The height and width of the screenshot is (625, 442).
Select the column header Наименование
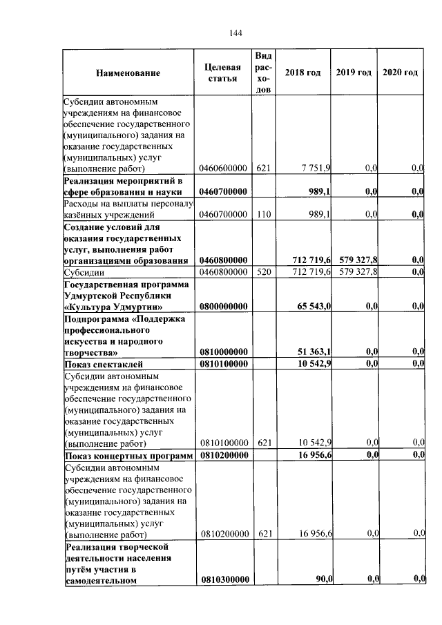click(x=128, y=73)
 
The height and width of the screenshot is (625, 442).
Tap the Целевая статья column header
click(x=222, y=73)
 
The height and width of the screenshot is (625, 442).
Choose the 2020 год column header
click(x=401, y=73)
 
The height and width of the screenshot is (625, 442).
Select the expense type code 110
click(x=262, y=215)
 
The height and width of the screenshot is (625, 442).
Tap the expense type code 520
click(x=262, y=272)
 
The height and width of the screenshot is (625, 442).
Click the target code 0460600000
click(x=222, y=168)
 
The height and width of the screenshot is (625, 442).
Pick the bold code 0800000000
click(x=222, y=306)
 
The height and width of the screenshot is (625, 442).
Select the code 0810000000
click(x=222, y=352)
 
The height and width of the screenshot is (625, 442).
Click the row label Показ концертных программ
click(x=128, y=455)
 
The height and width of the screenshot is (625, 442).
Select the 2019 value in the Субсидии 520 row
click(x=357, y=272)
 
